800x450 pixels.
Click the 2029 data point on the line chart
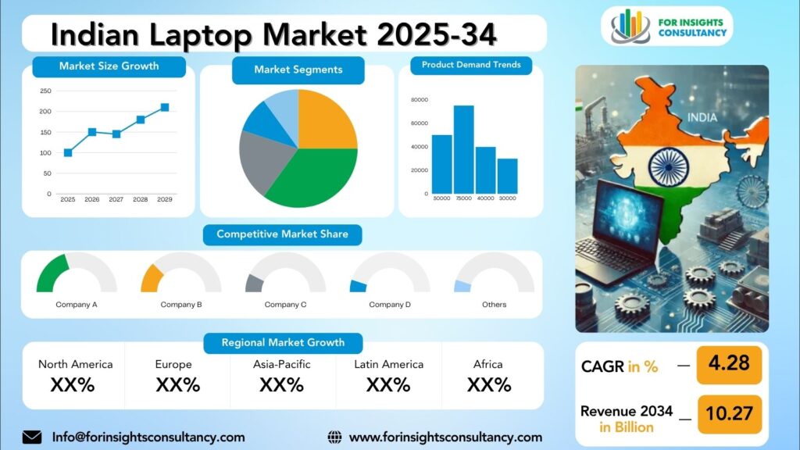click(x=165, y=107)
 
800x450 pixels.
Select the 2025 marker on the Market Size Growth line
click(x=68, y=152)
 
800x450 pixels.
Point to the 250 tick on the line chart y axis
click(x=45, y=91)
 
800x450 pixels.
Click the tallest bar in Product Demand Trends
click(x=464, y=149)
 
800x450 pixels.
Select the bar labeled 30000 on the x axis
click(x=507, y=176)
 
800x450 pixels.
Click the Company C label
click(x=285, y=305)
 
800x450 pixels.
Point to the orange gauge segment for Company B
click(x=151, y=279)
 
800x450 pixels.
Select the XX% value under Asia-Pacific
click(x=281, y=384)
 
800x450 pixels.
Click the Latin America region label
click(x=389, y=364)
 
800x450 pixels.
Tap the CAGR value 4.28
click(x=729, y=363)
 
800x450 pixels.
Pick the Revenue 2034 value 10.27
click(x=729, y=412)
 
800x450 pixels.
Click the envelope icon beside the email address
click(x=32, y=437)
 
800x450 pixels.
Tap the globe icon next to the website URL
click(x=334, y=437)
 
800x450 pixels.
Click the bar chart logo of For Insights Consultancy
click(x=630, y=26)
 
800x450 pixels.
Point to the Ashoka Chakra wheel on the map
click(x=669, y=167)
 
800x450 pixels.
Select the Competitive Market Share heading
click(x=282, y=234)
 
